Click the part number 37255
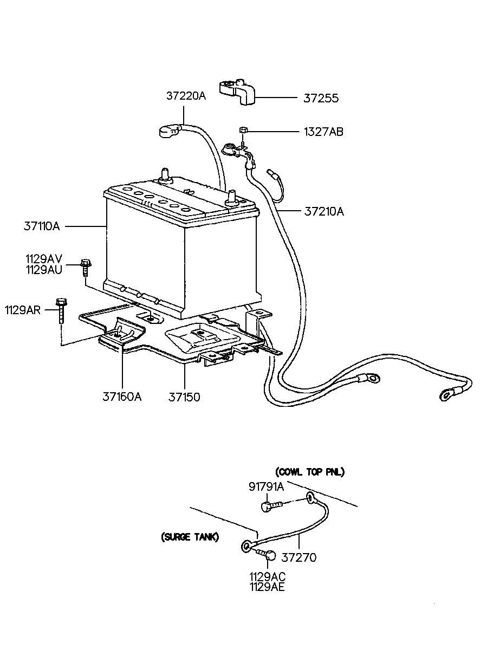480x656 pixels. tap(321, 98)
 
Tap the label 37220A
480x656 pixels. tap(186, 96)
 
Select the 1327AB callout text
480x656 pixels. tap(323, 132)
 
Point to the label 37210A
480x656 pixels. tap(324, 211)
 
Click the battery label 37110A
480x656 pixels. tap(42, 226)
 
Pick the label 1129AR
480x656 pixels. tap(23, 310)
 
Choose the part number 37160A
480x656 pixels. tap(122, 397)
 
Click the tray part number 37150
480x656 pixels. tap(184, 397)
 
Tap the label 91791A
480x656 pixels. tap(266, 486)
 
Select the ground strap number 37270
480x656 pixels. tap(299, 557)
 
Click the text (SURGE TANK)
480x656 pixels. tap(190, 537)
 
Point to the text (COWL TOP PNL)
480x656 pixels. tap(310, 472)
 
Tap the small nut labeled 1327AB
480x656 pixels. tap(243, 129)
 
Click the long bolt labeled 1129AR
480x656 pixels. tap(61, 310)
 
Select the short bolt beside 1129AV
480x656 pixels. tap(86, 267)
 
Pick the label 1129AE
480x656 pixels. tap(267, 587)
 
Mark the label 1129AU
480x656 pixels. tap(44, 270)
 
